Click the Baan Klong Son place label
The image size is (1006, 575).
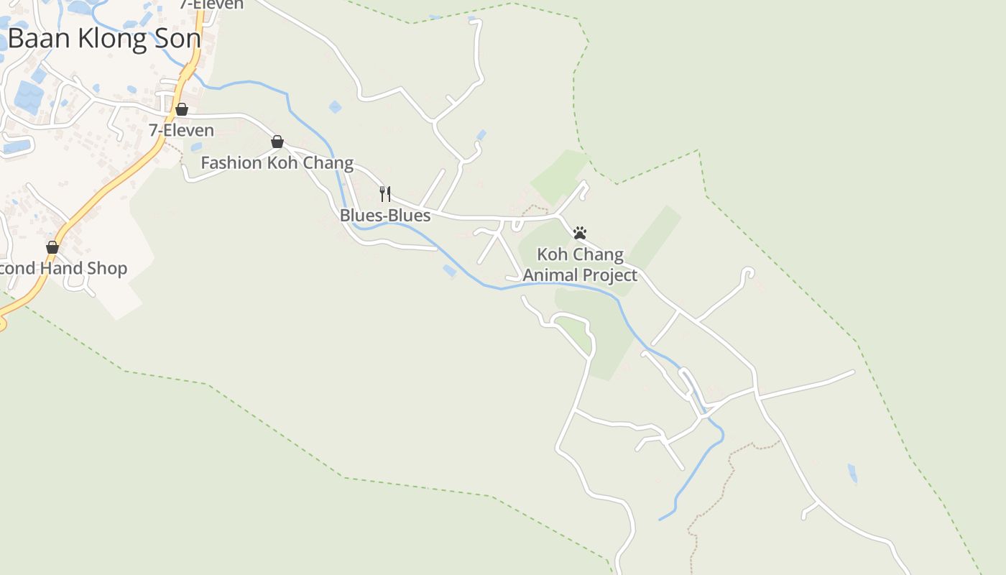tap(104, 39)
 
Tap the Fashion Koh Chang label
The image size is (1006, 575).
tap(277, 163)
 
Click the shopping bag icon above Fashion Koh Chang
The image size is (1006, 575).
tap(277, 142)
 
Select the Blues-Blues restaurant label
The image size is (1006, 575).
tap(385, 216)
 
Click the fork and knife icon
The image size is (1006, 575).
tap(385, 193)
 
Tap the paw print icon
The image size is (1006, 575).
tap(580, 233)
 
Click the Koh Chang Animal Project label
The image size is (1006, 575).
tap(580, 265)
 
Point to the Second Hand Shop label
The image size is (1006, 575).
tap(63, 269)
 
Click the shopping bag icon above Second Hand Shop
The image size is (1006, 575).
tap(52, 247)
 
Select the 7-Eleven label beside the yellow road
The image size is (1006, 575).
tap(181, 131)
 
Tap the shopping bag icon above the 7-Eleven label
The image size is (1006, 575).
tap(182, 109)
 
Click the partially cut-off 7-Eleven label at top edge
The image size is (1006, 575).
tap(211, 4)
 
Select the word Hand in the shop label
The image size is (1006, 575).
tap(65, 269)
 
